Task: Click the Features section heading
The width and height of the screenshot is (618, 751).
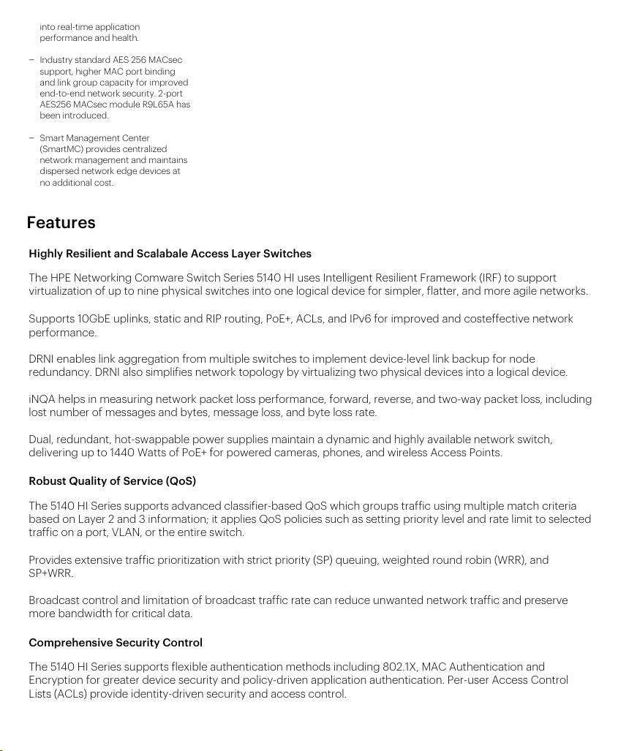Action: pyautogui.click(x=61, y=222)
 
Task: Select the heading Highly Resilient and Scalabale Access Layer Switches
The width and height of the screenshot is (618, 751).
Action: pyautogui.click(x=170, y=254)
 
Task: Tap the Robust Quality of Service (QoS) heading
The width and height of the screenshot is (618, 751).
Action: pyautogui.click(x=112, y=481)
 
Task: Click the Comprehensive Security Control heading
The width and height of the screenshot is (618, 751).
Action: pyautogui.click(x=116, y=643)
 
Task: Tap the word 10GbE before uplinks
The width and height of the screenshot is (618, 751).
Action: pyautogui.click(x=93, y=319)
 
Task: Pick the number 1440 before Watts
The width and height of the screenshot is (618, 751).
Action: pyautogui.click(x=122, y=453)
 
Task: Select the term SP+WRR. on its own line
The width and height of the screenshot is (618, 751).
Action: pyautogui.click(x=51, y=573)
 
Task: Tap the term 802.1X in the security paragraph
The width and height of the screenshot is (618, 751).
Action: pyautogui.click(x=401, y=667)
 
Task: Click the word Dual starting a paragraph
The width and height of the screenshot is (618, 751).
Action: pyautogui.click(x=41, y=439)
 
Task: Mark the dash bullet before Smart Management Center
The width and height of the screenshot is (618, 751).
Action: pyautogui.click(x=31, y=138)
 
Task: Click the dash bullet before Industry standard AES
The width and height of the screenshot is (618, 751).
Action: pyautogui.click(x=31, y=60)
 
